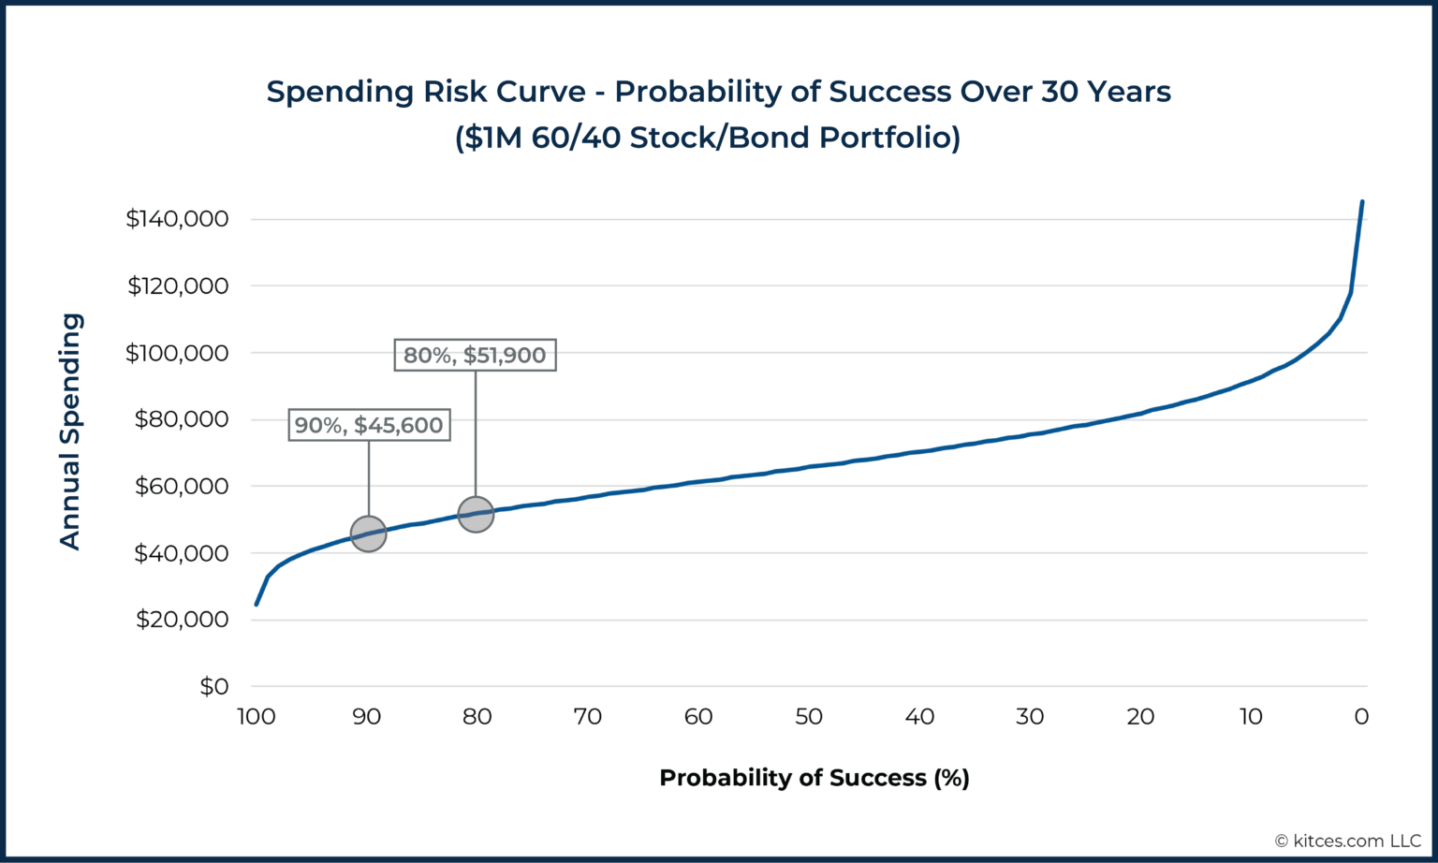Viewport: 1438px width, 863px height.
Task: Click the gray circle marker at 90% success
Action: (x=368, y=534)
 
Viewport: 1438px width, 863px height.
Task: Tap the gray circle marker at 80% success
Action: (x=476, y=514)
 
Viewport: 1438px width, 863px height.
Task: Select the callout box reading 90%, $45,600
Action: (x=369, y=425)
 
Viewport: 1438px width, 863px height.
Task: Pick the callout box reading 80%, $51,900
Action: (x=475, y=355)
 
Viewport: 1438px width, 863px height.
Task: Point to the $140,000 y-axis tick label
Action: (x=177, y=219)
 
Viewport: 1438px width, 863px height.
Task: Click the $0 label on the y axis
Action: (x=213, y=686)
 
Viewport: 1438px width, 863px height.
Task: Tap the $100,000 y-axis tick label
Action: (x=177, y=353)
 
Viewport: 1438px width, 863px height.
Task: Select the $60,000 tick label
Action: (x=182, y=487)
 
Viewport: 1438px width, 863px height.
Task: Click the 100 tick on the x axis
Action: (x=256, y=717)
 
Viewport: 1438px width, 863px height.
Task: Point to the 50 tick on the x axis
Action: (x=809, y=717)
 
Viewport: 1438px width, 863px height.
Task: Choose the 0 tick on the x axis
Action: (x=1361, y=717)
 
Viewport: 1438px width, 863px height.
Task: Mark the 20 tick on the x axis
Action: (x=1140, y=717)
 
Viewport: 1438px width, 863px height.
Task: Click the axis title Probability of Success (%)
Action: (x=814, y=778)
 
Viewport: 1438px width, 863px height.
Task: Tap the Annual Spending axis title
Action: (x=70, y=431)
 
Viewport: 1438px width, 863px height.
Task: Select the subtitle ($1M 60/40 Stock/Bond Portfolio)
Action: (x=708, y=138)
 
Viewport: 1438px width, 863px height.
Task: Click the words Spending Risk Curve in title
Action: (x=426, y=92)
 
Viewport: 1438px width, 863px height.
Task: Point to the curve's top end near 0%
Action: (x=1361, y=202)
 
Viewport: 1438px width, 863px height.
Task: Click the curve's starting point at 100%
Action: (x=257, y=604)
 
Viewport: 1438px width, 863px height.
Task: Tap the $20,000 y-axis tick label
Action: (x=182, y=620)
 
